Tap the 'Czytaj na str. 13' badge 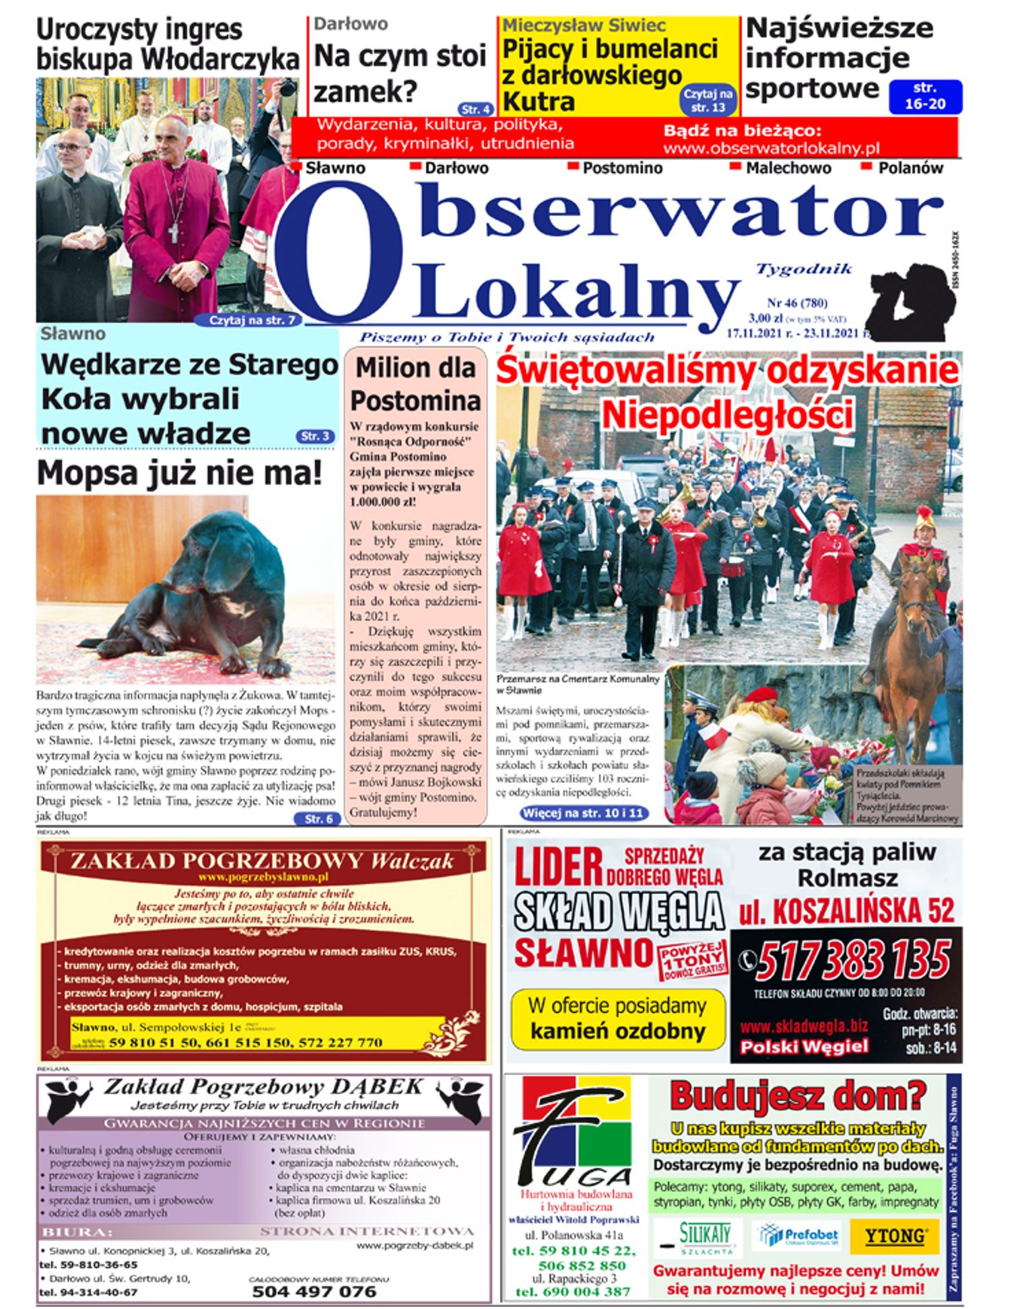[708, 100]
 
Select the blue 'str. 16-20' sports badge [924, 96]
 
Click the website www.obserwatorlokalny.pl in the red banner [771, 148]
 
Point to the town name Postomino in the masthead [622, 168]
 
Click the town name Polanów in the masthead [909, 168]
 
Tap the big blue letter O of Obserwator [341, 252]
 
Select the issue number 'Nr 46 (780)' [797, 303]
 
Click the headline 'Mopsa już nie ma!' [180, 472]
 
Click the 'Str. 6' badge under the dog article [318, 819]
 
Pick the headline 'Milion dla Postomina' [415, 384]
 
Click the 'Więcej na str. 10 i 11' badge [582, 813]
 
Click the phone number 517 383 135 [853, 961]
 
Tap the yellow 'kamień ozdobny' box [617, 1020]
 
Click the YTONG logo [893, 1236]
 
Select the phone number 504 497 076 [314, 1292]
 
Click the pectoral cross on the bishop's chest [173, 232]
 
